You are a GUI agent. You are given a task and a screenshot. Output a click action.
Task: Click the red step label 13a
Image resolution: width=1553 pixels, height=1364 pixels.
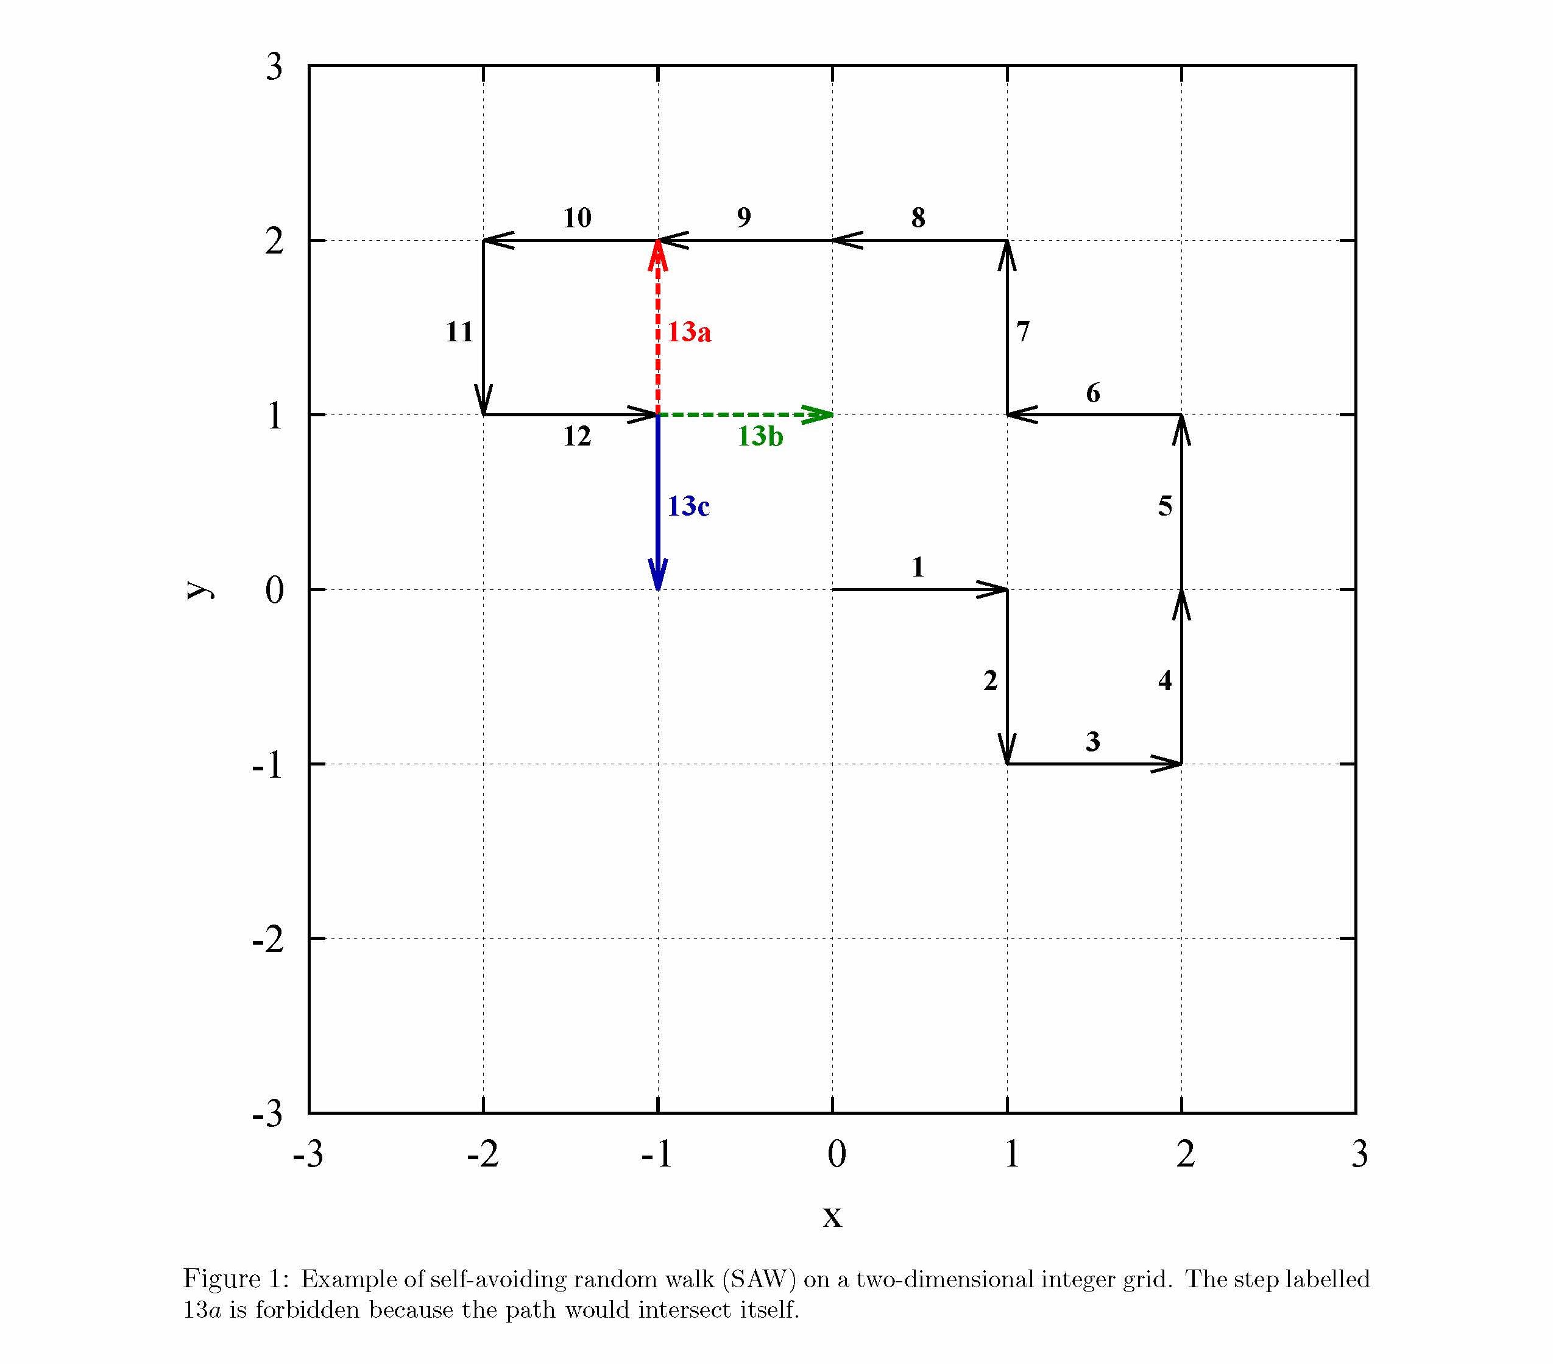pyautogui.click(x=689, y=332)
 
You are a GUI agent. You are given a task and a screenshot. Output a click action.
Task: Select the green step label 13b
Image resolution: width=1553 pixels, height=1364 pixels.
pyautogui.click(x=760, y=436)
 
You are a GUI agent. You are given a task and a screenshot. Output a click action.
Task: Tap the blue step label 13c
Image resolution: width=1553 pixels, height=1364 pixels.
pyautogui.click(x=688, y=506)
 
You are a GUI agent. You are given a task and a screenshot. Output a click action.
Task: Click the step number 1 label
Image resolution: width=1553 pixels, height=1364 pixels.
pyautogui.click(x=918, y=567)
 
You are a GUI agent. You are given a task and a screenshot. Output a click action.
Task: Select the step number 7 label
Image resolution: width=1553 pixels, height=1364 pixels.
pyautogui.click(x=1023, y=332)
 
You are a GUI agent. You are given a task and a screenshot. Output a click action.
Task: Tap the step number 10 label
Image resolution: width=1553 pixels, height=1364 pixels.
pyautogui.click(x=577, y=218)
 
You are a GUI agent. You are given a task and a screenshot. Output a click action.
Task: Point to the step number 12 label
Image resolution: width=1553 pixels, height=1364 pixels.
pyautogui.click(x=577, y=436)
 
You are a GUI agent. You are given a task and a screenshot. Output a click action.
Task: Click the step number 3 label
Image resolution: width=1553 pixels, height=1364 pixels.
pyautogui.click(x=1092, y=741)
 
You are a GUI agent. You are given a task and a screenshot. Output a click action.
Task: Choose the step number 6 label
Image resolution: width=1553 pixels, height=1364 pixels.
pyautogui.click(x=1092, y=393)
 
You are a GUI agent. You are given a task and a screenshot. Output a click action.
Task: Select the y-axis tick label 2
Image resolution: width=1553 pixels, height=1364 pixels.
pyautogui.click(x=274, y=241)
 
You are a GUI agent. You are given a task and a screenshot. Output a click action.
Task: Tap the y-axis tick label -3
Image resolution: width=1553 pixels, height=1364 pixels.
pyautogui.click(x=267, y=1115)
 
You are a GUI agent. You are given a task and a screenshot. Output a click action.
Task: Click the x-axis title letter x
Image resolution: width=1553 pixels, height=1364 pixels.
pyautogui.click(x=832, y=1217)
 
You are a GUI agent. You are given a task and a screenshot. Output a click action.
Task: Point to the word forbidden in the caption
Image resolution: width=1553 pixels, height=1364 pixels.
pyautogui.click(x=307, y=1310)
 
